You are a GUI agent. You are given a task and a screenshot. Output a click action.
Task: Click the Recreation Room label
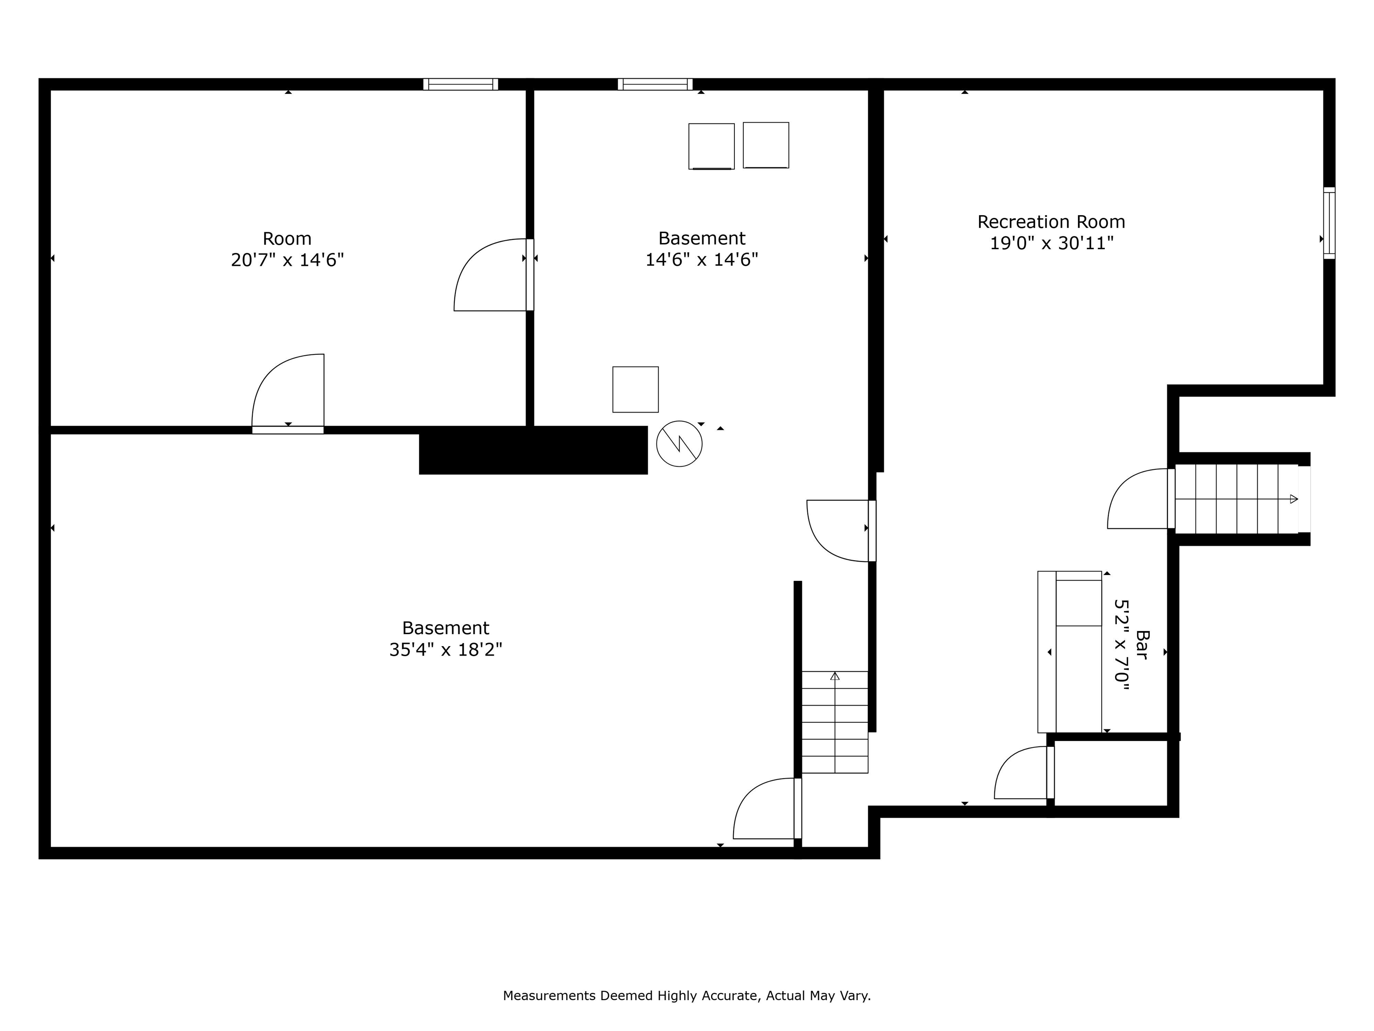[1051, 222]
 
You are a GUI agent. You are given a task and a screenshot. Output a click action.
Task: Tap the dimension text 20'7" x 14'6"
[287, 260]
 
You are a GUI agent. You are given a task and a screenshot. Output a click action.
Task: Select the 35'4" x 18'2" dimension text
[445, 649]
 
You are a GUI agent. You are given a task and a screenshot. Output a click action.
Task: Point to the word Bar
[1142, 644]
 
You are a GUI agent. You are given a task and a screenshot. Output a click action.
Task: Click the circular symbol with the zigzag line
[679, 444]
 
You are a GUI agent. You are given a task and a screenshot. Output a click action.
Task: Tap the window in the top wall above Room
[460, 84]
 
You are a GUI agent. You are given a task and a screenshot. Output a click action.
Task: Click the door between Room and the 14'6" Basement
[494, 275]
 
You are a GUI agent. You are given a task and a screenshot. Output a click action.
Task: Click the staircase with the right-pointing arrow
[1236, 499]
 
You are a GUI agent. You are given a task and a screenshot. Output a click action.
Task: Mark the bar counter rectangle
[1069, 651]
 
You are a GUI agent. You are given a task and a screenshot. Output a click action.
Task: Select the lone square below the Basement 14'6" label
[635, 389]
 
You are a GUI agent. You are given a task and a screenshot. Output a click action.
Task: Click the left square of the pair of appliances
[711, 146]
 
